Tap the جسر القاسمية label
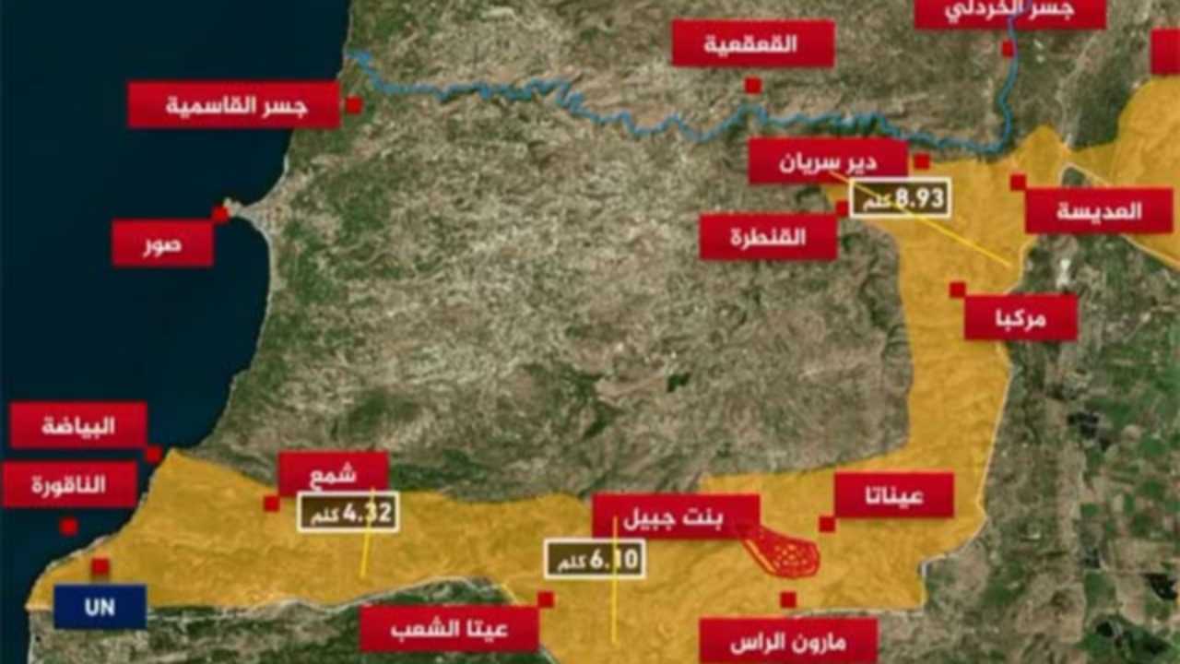coord(234,105)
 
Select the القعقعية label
coord(752,43)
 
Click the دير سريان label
coord(828,161)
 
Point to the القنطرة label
coord(768,237)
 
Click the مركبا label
coord(1021,318)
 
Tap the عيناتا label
coord(893,496)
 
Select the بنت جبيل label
coord(675,516)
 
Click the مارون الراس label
coord(787,641)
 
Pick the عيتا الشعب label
coord(448,630)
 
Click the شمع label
coord(333,474)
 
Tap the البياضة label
coord(78,425)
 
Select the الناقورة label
coord(69,485)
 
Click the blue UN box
coord(100,607)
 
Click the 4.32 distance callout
coord(348,512)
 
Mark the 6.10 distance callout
coord(595,558)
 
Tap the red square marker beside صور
coord(220,215)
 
